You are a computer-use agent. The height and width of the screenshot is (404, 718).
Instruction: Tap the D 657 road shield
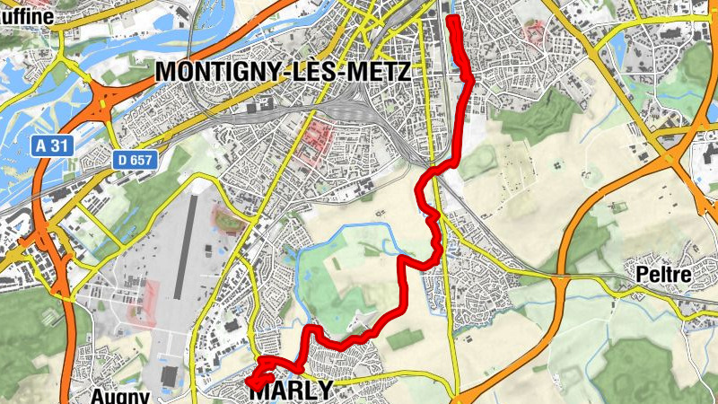[x=136, y=160]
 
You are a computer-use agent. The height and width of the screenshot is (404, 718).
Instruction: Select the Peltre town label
[x=664, y=276]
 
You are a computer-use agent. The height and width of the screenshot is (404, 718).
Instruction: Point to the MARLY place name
[x=290, y=391]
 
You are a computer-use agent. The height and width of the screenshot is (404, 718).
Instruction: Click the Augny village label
[x=118, y=394]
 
